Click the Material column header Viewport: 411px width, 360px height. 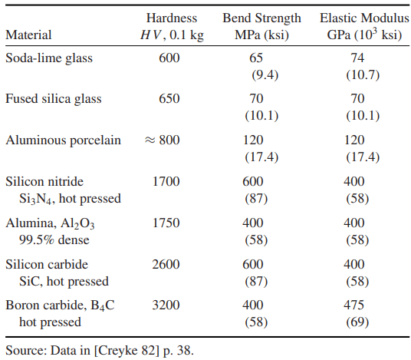(x=28, y=35)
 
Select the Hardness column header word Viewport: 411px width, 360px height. (x=172, y=18)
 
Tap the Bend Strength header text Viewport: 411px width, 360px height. (x=261, y=18)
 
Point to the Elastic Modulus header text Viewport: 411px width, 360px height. (x=364, y=18)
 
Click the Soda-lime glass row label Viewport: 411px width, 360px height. (x=49, y=58)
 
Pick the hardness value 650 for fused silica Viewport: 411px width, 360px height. (x=169, y=99)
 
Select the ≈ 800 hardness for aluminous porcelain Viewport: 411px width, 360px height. (x=162, y=140)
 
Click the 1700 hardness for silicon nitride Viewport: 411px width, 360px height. (x=166, y=181)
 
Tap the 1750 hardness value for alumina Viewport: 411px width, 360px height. (x=166, y=223)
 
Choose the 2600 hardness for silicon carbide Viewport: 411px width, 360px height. (x=166, y=264)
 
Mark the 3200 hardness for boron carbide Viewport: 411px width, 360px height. (x=166, y=305)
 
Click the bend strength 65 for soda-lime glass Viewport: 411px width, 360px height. (x=256, y=58)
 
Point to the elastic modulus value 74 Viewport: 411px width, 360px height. (x=357, y=58)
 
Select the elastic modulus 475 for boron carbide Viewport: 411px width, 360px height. (x=353, y=305)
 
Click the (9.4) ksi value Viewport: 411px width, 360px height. (x=265, y=75)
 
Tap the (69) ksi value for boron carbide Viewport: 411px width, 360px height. (x=357, y=322)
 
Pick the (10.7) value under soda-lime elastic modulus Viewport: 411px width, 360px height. (x=363, y=75)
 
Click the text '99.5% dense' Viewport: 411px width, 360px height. (x=54, y=239)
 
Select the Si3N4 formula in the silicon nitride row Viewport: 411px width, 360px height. (x=37, y=199)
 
